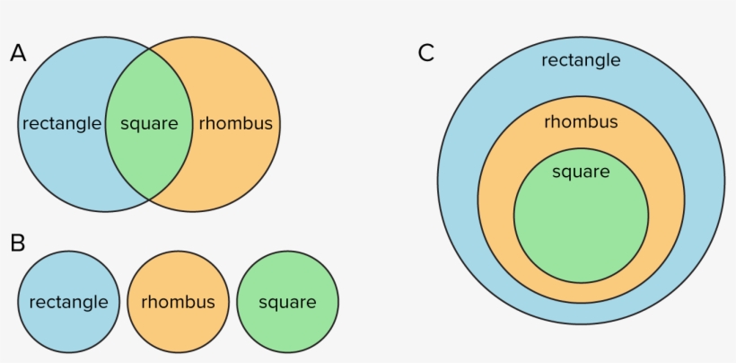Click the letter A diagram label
(18, 54)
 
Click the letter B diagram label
(18, 242)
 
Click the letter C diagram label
(426, 53)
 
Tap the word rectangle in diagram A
(61, 124)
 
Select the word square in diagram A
(149, 124)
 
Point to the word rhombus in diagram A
(235, 124)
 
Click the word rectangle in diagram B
(68, 303)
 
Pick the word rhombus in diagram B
(178, 303)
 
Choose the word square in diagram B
(287, 303)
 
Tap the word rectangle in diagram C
(581, 60)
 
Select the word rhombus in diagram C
(581, 121)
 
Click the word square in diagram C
(581, 172)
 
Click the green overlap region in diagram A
(149, 157)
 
